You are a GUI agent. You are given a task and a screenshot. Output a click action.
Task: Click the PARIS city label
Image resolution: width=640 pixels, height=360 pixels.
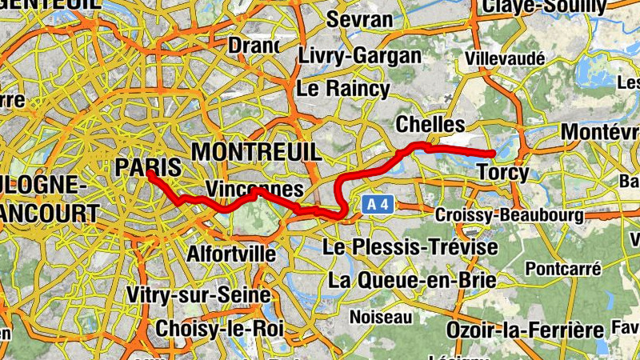tap(147, 166)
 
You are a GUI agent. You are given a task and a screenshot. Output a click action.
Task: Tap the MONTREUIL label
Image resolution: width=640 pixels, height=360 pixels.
tap(255, 151)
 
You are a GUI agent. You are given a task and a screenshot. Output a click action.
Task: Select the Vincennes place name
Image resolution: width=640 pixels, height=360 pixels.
tap(254, 189)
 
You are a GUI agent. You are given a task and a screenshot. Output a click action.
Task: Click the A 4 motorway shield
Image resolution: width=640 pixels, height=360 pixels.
tap(378, 205)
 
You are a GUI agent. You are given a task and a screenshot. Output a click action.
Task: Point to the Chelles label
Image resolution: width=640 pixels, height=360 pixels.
tap(430, 125)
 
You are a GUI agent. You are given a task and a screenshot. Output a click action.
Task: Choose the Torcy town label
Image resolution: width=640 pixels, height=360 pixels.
tap(502, 171)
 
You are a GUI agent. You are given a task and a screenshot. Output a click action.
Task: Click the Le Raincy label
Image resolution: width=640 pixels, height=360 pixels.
tap(342, 88)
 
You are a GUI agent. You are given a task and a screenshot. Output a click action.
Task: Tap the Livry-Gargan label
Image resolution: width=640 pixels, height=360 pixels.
tap(359, 55)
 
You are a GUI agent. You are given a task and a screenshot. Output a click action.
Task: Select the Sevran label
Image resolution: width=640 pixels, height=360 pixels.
tap(360, 19)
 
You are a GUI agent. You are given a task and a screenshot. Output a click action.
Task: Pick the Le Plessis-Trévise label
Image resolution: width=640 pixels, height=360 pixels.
tap(410, 247)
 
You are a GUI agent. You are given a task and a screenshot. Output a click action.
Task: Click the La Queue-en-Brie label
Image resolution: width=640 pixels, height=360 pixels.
tap(412, 280)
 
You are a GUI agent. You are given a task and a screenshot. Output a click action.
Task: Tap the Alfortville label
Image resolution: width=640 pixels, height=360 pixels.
tap(231, 254)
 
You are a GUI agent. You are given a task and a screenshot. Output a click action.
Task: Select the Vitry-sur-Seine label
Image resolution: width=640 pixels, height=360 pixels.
tap(198, 295)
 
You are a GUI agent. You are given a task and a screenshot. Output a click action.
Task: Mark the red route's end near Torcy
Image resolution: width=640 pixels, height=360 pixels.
tap(494, 154)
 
